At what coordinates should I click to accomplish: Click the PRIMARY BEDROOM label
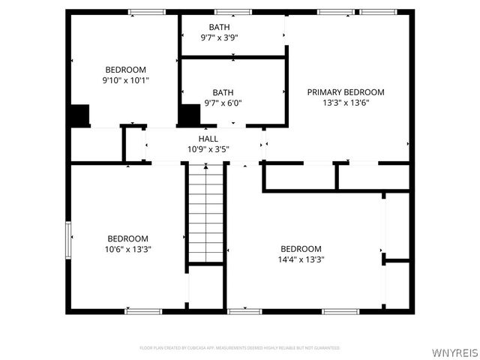pyautogui.click(x=346, y=92)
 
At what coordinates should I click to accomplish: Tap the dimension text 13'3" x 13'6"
pyautogui.click(x=346, y=103)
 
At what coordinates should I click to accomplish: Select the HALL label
pyautogui.click(x=208, y=139)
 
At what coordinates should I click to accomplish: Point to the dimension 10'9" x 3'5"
pyautogui.click(x=208, y=149)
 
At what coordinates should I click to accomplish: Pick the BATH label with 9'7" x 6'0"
pyautogui.click(x=223, y=93)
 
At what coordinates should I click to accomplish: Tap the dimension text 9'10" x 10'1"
pyautogui.click(x=125, y=80)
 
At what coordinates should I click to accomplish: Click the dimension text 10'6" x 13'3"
pyautogui.click(x=129, y=249)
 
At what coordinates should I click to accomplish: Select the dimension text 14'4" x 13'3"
pyautogui.click(x=301, y=259)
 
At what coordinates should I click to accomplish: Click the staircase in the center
pyautogui.click(x=205, y=214)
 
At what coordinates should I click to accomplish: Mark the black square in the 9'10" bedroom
pyautogui.click(x=79, y=115)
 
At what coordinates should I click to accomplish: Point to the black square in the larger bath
pyautogui.click(x=189, y=115)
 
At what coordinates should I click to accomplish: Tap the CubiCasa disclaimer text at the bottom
pyautogui.click(x=240, y=348)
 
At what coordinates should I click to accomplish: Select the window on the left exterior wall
pyautogui.click(x=68, y=240)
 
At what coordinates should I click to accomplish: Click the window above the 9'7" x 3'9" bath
pyautogui.click(x=233, y=12)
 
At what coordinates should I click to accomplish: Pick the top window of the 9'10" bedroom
pyautogui.click(x=146, y=12)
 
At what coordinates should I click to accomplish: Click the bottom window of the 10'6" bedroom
pyautogui.click(x=143, y=310)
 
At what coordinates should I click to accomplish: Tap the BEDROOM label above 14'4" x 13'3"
pyautogui.click(x=301, y=249)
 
